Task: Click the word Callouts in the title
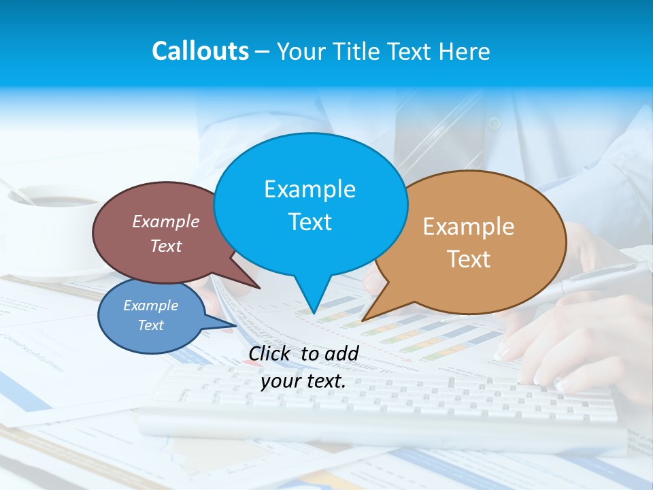click(x=200, y=51)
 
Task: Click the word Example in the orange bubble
click(x=469, y=227)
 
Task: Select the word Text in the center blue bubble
click(x=310, y=222)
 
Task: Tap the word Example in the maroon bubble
click(x=166, y=221)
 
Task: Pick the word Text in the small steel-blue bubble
click(x=151, y=325)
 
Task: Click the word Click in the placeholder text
click(x=270, y=353)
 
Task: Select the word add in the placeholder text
click(x=341, y=353)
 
